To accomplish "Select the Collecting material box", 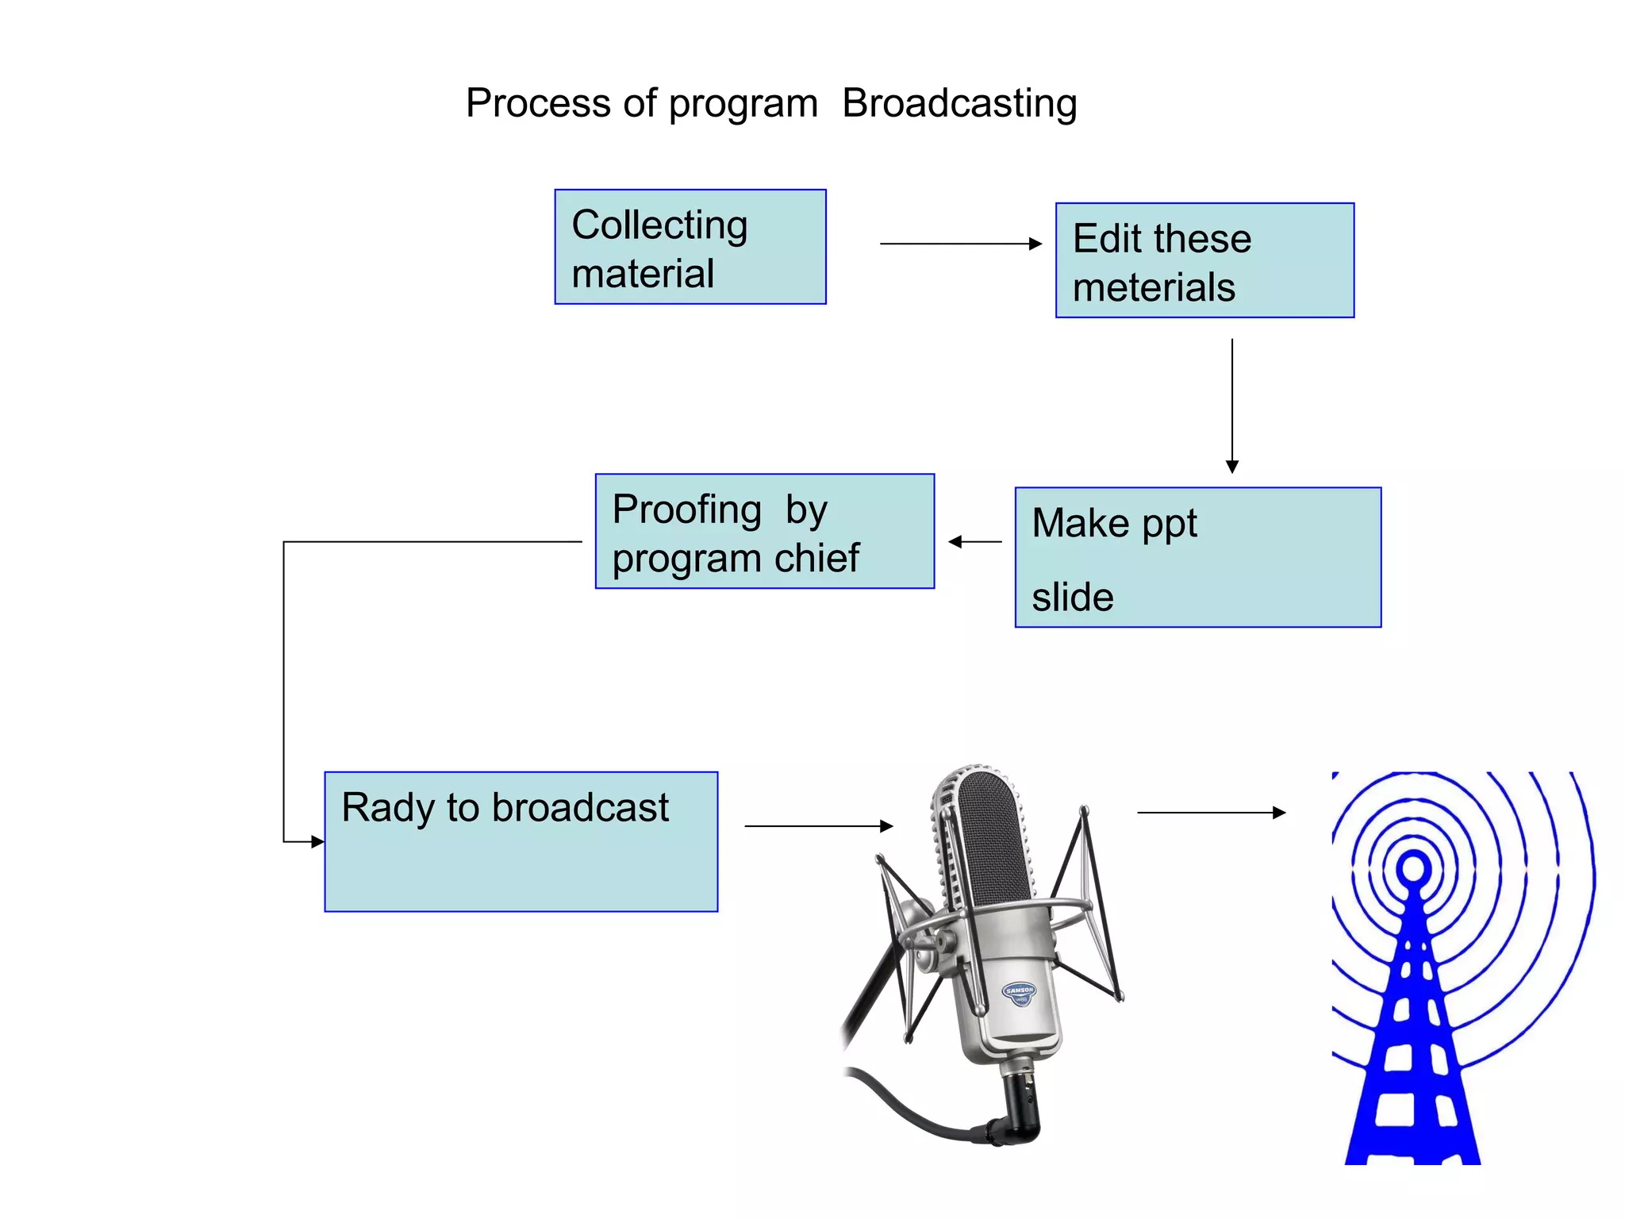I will pos(690,247).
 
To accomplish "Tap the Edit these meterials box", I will pos(1204,261).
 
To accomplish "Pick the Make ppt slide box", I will pos(1197,558).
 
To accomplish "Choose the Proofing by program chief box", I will pos(764,532).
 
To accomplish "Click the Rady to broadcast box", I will pos(521,842).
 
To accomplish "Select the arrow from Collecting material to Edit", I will pos(960,244).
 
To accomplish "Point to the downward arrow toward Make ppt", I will pos(1231,405).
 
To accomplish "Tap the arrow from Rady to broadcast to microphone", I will pos(818,826).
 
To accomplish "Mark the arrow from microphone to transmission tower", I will pos(1210,813).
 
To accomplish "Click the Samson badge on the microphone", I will pos(1019,992).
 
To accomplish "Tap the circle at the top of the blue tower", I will pos(1413,867).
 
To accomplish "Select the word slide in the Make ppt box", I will pos(1072,597).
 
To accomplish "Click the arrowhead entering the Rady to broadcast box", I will pos(317,841).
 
